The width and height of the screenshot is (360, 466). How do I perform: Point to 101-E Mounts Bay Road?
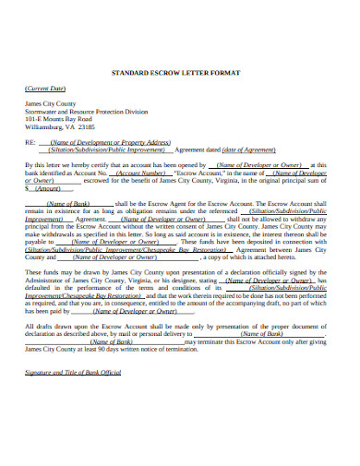(60, 119)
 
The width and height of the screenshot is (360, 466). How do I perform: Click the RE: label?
(30, 142)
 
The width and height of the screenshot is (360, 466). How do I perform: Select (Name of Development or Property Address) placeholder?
(110, 142)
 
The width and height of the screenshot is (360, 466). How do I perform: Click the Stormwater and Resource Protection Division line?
(90, 112)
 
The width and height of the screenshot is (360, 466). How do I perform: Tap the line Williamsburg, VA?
(54, 126)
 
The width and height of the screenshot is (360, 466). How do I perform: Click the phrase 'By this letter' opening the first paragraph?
(42, 164)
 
